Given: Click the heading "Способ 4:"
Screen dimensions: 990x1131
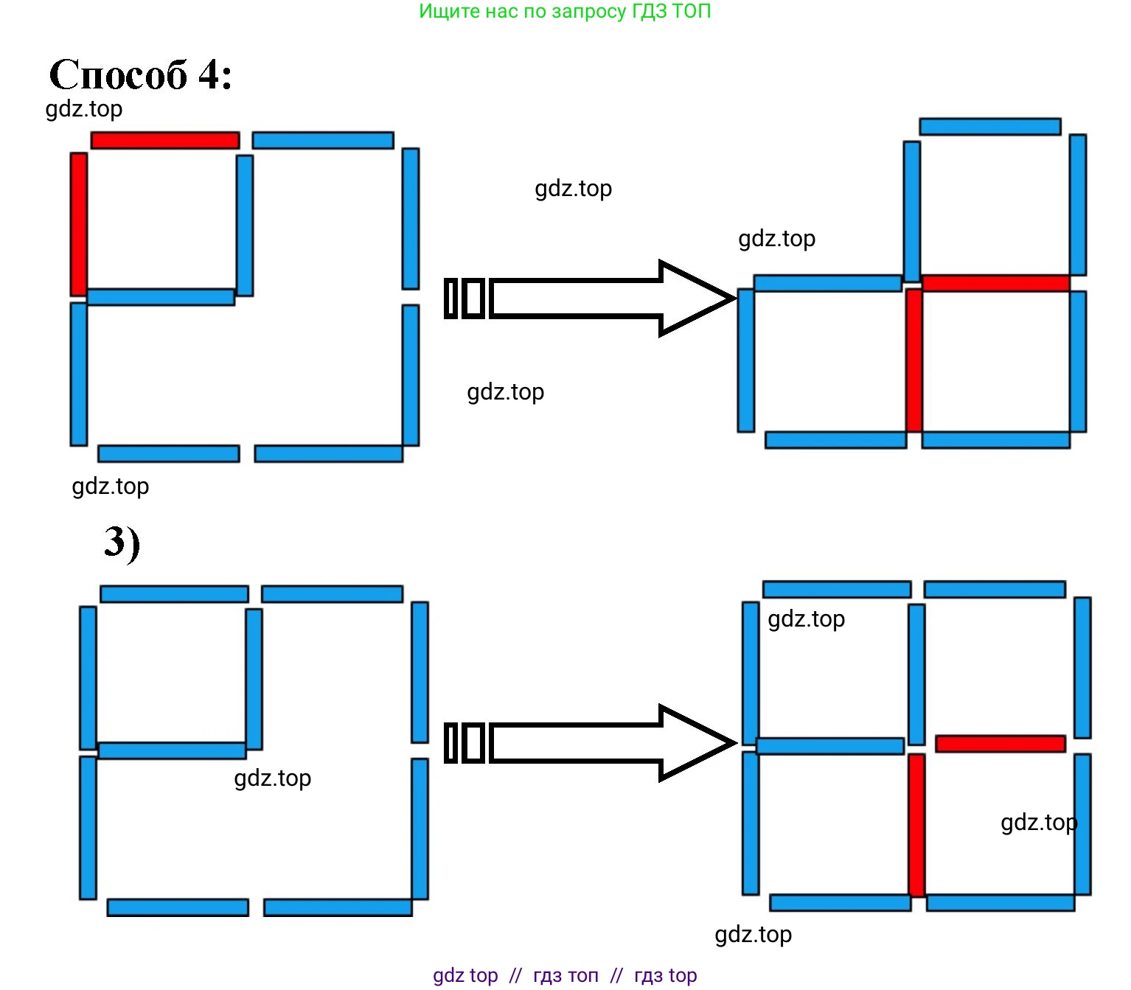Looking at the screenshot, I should (140, 74).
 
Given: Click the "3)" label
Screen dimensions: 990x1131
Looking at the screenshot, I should (122, 543).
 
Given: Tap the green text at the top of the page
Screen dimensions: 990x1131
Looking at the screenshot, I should (565, 11).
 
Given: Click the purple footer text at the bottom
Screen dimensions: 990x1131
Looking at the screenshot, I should (565, 975).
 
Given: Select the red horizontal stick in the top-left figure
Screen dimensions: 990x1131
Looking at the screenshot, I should (165, 140).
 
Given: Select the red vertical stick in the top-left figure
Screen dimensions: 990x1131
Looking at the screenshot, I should (79, 224).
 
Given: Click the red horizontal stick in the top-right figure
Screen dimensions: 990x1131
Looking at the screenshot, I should (995, 283).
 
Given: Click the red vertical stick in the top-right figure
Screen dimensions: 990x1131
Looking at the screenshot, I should (914, 360).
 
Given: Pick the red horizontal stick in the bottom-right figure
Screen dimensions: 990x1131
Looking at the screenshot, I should (1000, 744).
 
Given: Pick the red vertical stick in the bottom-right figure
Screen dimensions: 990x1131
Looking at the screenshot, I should (916, 825).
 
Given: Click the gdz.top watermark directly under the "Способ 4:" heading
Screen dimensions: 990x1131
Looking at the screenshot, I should (84, 109).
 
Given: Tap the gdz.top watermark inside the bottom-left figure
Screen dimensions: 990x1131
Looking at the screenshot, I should (273, 778).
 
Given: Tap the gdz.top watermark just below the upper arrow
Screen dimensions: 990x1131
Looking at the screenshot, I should (506, 392).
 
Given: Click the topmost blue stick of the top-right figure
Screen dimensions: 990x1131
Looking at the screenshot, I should (990, 126).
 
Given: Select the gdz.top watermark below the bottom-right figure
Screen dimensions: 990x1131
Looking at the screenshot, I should (754, 935).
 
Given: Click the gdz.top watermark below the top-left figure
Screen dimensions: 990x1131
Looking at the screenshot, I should (111, 487).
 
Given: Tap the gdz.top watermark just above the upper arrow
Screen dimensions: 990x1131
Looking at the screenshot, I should (574, 189).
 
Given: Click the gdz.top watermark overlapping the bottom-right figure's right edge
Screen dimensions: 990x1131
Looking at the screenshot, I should (1039, 823).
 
